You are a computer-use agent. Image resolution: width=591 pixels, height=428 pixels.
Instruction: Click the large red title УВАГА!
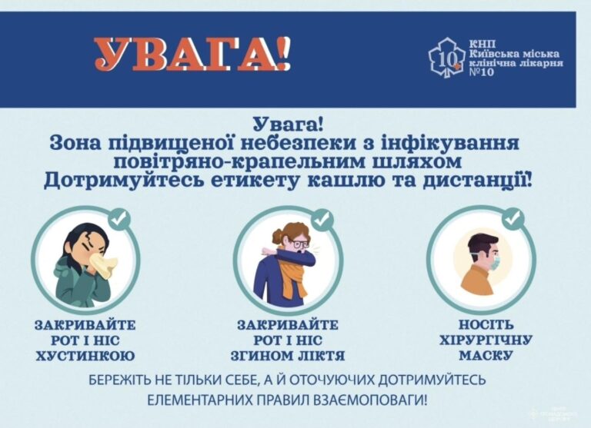click(192, 54)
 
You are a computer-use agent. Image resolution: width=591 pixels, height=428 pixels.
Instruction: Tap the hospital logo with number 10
click(446, 57)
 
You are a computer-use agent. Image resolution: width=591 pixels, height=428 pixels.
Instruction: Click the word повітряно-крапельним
click(219, 161)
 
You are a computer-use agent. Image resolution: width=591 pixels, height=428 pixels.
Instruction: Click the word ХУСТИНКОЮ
click(85, 356)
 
